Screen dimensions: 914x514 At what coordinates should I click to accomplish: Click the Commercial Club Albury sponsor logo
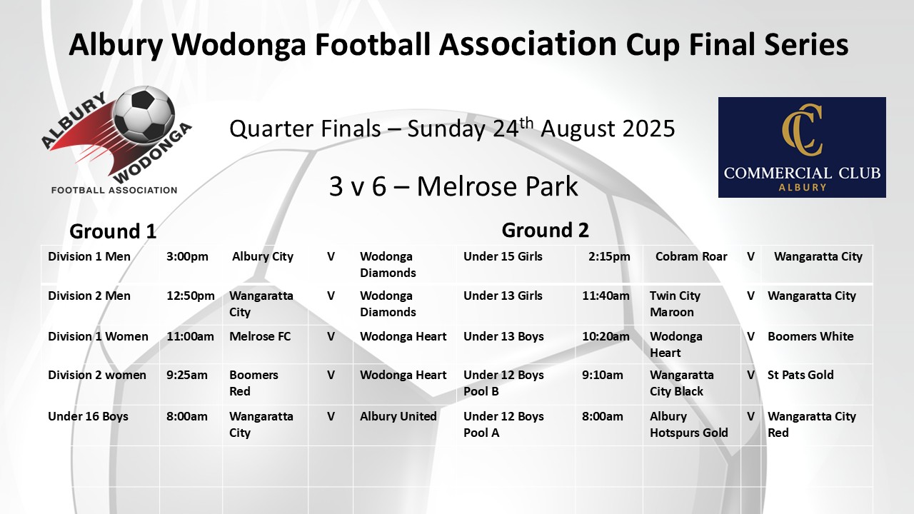point(802,147)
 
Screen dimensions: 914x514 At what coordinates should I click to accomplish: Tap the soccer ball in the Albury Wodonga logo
point(144,114)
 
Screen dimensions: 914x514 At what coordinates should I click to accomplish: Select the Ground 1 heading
point(113,231)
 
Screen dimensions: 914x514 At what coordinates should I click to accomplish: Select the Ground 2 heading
point(545,230)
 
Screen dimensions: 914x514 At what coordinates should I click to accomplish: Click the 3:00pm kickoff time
point(187,256)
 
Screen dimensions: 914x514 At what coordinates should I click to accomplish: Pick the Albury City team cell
point(263,256)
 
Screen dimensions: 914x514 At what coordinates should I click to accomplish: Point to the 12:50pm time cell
point(191,296)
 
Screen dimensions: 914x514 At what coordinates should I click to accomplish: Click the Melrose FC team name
point(260,336)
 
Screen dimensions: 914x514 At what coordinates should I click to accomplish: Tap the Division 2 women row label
point(97,375)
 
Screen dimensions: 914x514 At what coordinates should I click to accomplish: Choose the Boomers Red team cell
point(253,383)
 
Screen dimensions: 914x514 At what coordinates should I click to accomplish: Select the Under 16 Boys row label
point(88,416)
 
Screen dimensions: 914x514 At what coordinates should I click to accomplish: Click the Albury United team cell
point(398,416)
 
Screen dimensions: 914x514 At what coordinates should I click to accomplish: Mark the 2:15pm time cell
point(609,256)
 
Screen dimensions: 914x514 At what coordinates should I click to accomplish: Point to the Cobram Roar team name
point(691,256)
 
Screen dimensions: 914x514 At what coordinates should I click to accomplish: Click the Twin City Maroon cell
point(675,304)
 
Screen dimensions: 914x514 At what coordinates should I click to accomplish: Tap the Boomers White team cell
point(810,336)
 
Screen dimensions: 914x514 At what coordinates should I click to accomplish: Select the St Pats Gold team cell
point(800,375)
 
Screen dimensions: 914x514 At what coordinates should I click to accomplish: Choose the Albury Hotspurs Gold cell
point(689,425)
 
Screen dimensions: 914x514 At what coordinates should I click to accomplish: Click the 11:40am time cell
point(606,296)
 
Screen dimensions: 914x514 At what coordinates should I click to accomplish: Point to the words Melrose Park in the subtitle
point(497,187)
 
